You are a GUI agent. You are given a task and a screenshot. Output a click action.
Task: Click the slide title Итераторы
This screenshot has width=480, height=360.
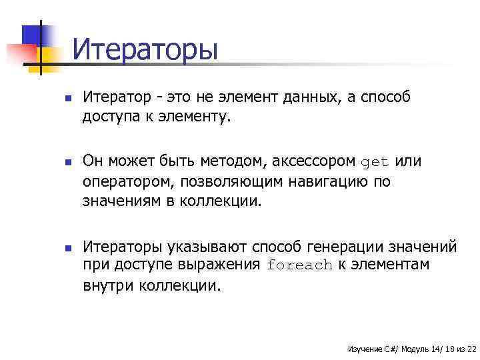pos(145,49)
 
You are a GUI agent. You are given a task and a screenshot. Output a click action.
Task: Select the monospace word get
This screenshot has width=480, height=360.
pos(375,162)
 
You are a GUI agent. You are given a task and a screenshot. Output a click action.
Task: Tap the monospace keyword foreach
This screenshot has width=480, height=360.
pos(299,265)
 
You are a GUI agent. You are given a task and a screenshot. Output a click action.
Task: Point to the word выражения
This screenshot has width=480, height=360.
pos(219,265)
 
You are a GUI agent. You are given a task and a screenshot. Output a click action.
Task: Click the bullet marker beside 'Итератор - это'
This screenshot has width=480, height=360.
pos(59,99)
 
